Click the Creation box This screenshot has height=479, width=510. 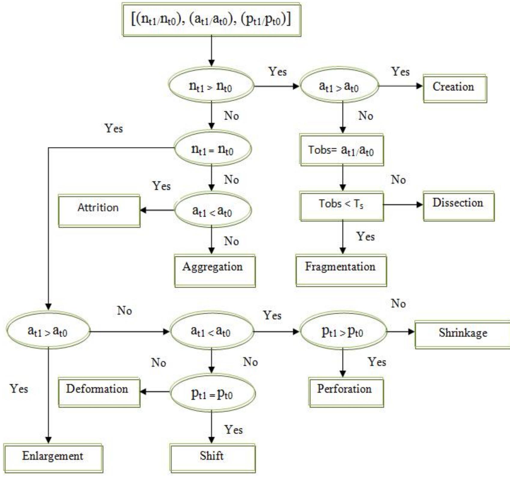pyautogui.click(x=455, y=88)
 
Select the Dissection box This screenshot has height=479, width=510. pyautogui.click(x=458, y=206)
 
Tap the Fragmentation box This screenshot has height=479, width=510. pyautogui.click(x=341, y=270)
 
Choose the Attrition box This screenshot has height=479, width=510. pyautogui.click(x=99, y=211)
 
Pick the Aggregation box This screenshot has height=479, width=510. pyautogui.click(x=215, y=271)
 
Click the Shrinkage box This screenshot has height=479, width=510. pyautogui.click(x=463, y=334)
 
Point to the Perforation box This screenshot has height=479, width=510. pyautogui.click(x=346, y=392)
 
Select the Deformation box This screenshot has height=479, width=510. pyautogui.click(x=99, y=392)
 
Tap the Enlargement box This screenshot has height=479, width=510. pyautogui.click(x=53, y=458)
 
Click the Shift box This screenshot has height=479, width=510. pyautogui.click(x=212, y=458)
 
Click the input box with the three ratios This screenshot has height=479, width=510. pyautogui.click(x=211, y=20)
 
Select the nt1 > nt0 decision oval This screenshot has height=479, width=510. pyautogui.click(x=211, y=86)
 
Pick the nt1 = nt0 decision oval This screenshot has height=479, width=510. pyautogui.click(x=213, y=149)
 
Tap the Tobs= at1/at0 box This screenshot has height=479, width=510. pyautogui.click(x=342, y=150)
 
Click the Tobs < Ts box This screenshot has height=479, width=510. pyautogui.click(x=342, y=206)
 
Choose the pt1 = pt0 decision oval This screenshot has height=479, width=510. pyautogui.click(x=213, y=393)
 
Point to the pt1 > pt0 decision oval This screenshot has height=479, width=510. pyautogui.click(x=343, y=331)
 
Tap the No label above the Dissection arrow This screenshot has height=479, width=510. pyautogui.click(x=398, y=180)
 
